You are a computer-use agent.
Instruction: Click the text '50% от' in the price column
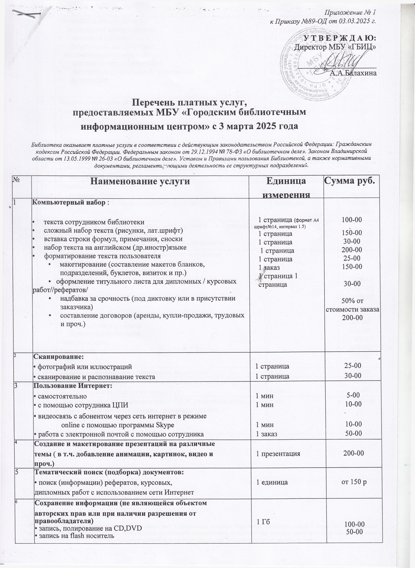(352, 301)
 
